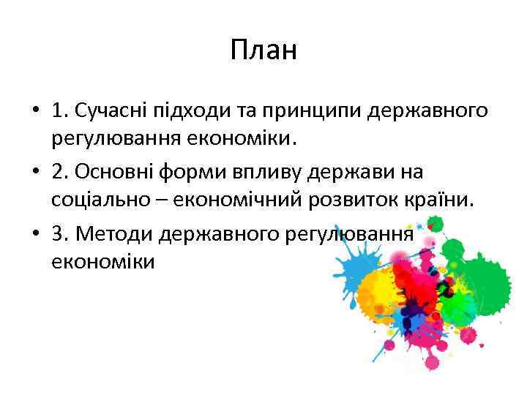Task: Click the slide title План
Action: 263,50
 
